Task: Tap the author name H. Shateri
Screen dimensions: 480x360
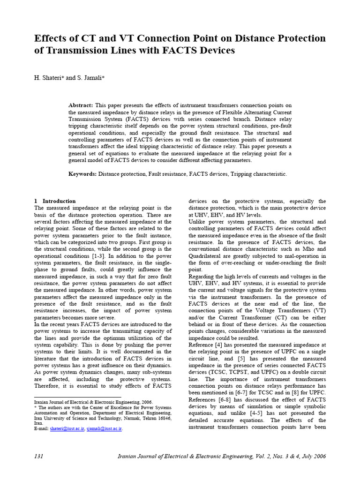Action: coord(49,78)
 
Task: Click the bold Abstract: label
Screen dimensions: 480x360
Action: coord(81,105)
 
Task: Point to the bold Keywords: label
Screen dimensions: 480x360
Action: coord(82,174)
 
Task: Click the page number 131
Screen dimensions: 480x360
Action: coord(39,456)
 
